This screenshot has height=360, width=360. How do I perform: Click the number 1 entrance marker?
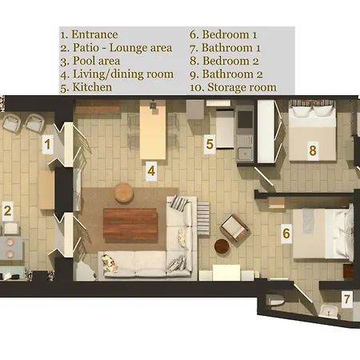coord(47,144)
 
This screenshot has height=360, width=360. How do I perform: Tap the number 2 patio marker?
coord(7,210)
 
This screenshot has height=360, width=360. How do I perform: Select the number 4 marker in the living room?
coord(151,171)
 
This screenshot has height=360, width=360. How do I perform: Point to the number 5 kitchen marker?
coord(210,144)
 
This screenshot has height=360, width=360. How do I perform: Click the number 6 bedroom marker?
coord(286,234)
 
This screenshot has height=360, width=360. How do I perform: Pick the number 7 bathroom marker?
coord(346,298)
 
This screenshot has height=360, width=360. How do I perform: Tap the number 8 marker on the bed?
coord(313,150)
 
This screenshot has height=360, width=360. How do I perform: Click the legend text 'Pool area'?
coord(96,61)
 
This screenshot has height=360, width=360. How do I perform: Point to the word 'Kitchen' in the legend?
coord(92,87)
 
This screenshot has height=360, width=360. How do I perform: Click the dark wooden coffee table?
coord(130,223)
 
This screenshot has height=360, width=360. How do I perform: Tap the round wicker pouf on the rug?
coord(124,193)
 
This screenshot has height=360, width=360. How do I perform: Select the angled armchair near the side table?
coord(234,230)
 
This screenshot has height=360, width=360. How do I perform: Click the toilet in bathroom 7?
coord(274,300)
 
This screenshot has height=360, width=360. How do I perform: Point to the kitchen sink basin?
coord(245,153)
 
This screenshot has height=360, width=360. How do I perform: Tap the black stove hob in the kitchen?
coord(245,119)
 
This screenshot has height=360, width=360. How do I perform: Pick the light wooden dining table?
coord(153,130)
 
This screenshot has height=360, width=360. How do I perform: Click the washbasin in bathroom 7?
coord(329,311)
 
